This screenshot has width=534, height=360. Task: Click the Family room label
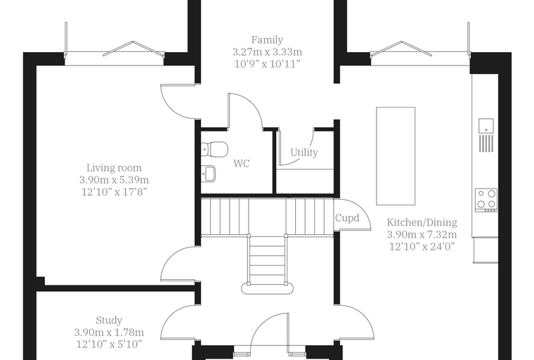tap(267, 40)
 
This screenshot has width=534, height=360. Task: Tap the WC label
tap(242, 164)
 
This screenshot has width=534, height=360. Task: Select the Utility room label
tap(304, 153)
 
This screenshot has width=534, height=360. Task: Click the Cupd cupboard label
tap(347, 218)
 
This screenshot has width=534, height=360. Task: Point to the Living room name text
tap(114, 168)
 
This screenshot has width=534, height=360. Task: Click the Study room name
tap(109, 321)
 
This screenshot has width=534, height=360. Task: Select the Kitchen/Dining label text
tap(422, 222)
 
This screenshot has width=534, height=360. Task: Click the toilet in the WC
tap(214, 149)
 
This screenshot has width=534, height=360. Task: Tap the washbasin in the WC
tap(208, 174)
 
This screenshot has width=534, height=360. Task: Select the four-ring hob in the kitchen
tap(486, 200)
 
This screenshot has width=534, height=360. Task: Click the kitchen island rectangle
tap(396, 156)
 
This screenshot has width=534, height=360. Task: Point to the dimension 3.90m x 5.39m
tap(114, 180)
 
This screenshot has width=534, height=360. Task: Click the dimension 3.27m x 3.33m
tap(267, 52)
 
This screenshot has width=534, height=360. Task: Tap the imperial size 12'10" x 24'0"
tap(422, 247)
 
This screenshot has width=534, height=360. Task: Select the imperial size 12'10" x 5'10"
tap(109, 345)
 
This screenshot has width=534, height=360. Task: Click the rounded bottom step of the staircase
tap(267, 288)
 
